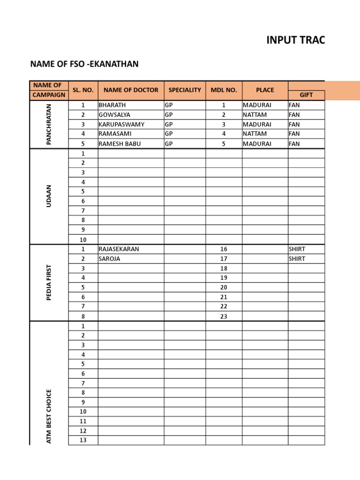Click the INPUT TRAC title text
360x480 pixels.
tap(295, 40)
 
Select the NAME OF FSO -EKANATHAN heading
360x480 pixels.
tap(84, 64)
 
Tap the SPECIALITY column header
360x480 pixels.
tap(185, 90)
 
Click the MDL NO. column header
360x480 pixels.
tap(224, 90)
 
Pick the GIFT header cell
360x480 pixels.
tap(306, 95)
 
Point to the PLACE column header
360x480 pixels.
tap(265, 90)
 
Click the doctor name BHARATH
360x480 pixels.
tap(112, 105)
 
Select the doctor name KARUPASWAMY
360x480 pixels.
tap(121, 124)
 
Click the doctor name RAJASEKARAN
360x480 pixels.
tap(119, 249)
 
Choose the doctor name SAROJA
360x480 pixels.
tap(109, 259)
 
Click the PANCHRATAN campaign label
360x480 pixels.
tap(49, 124)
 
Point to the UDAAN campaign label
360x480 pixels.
tap(49, 196)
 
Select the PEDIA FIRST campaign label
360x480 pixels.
tap(49, 283)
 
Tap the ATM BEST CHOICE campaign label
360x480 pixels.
tap(49, 416)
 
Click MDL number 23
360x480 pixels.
tap(224, 316)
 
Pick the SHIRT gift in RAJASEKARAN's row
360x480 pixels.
tap(297, 249)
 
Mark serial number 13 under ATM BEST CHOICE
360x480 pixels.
tap(83, 440)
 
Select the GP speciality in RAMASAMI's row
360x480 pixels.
tap(169, 134)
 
